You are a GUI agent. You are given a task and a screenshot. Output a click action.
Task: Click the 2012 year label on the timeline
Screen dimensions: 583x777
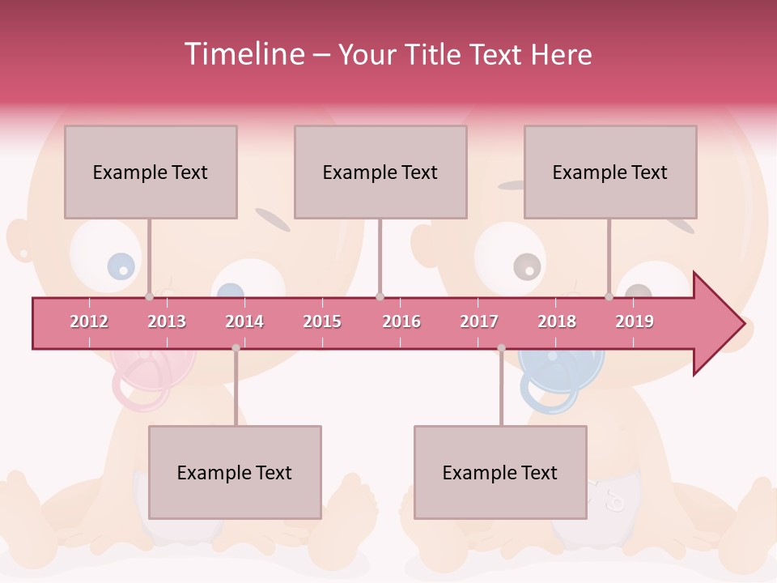(x=89, y=321)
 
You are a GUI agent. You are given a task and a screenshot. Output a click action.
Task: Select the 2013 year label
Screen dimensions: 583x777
(x=167, y=321)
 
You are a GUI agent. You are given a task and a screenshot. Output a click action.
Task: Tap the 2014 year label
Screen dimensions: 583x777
(x=244, y=321)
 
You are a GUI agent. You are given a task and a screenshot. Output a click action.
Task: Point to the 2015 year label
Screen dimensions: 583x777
(x=322, y=321)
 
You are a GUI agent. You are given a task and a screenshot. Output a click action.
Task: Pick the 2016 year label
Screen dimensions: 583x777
(x=401, y=321)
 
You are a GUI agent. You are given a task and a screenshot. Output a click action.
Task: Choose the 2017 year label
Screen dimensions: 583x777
(x=479, y=321)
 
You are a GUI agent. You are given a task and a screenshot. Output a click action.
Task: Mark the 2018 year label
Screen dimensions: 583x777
(x=557, y=321)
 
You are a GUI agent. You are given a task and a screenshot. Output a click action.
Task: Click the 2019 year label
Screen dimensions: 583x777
(x=635, y=321)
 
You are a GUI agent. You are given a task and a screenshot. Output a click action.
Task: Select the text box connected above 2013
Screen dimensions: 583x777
(x=151, y=172)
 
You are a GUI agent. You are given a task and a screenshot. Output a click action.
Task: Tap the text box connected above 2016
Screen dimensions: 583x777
(x=380, y=172)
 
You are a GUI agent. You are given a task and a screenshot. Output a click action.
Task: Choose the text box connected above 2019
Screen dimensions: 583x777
(x=610, y=172)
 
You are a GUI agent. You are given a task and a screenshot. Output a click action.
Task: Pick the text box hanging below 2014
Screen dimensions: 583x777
(x=235, y=472)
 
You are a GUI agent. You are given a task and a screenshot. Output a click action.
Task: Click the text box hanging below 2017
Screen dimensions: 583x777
(x=500, y=472)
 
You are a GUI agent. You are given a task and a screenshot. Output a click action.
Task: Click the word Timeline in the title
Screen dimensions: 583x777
(x=242, y=54)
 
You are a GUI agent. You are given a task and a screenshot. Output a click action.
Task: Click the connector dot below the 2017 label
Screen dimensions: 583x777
(x=501, y=348)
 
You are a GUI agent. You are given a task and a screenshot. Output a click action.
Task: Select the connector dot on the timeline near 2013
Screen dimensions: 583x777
(x=149, y=297)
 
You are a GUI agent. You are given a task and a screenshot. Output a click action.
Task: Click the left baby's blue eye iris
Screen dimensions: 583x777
(x=121, y=266)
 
